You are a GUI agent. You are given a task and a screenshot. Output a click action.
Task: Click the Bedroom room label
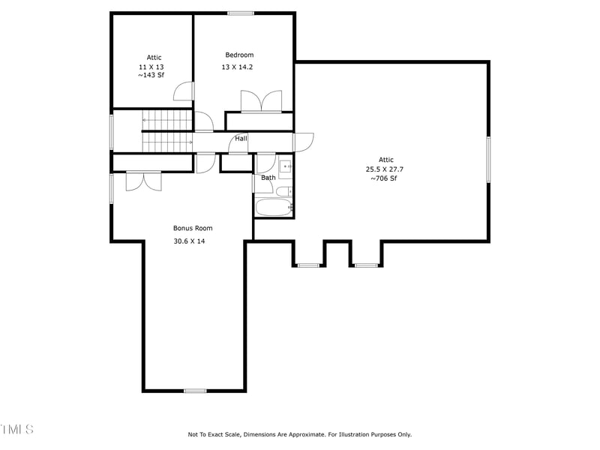tap(239, 55)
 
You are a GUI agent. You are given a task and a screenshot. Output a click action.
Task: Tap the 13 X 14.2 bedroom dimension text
tap(239, 67)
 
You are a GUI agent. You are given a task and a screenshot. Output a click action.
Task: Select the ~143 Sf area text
tap(151, 75)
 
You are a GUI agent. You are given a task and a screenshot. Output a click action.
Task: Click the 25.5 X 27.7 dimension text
tap(385, 169)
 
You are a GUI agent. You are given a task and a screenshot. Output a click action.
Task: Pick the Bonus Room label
tap(193, 228)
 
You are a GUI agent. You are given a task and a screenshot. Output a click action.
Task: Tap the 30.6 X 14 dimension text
tap(189, 241)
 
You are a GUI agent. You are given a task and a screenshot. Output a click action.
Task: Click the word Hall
tap(241, 139)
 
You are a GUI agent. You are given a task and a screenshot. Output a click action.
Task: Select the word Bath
tap(268, 178)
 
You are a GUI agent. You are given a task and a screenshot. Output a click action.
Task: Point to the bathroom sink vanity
tap(286, 166)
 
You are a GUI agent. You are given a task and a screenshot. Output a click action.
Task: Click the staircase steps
tap(167, 130)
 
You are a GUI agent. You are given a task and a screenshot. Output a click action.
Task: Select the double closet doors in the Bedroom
tap(261, 102)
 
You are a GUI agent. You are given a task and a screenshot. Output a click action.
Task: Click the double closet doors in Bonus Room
tap(143, 181)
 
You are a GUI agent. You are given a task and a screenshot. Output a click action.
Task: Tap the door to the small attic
tap(184, 91)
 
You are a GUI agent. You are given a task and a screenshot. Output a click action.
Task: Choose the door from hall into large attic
tap(304, 140)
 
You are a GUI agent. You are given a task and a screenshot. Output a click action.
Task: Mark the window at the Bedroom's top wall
tap(241, 13)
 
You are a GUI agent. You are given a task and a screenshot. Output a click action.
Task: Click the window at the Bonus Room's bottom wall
tap(195, 391)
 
